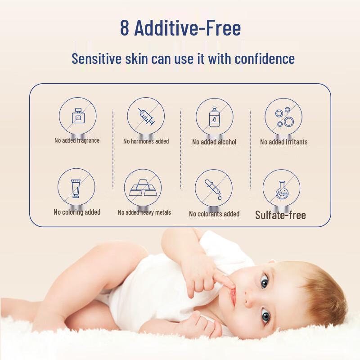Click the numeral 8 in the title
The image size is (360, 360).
125,28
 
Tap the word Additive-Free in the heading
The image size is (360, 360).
188,28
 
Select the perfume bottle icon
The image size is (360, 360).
78,117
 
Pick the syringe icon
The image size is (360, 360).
146,117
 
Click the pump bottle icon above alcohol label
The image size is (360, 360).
214,117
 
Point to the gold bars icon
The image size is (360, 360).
143,189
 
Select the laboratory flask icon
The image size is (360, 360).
281,189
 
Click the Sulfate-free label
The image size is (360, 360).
280,215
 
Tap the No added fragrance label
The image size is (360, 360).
77,140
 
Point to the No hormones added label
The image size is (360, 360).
146,141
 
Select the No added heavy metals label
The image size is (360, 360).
144,212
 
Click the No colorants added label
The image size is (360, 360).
214,214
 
